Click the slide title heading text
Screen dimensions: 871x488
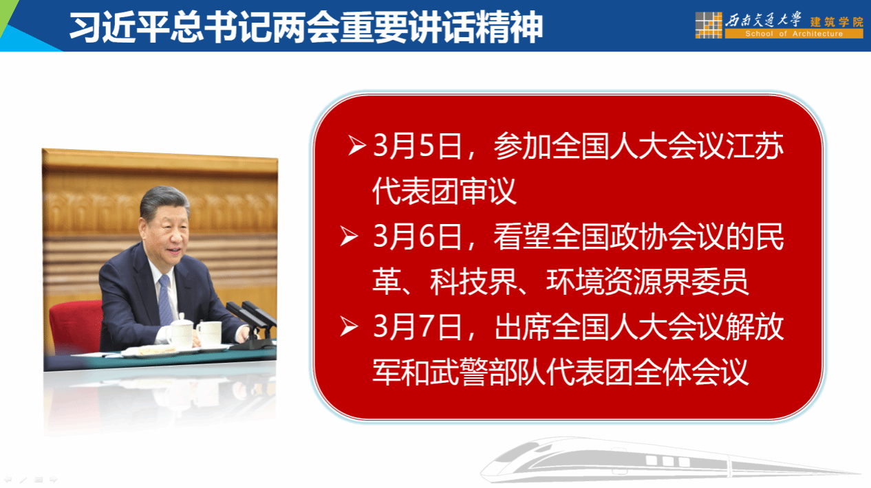306,27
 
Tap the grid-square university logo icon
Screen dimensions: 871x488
709,25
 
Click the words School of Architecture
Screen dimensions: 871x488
794,34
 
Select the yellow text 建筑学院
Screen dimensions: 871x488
837,22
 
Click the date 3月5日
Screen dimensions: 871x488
418,146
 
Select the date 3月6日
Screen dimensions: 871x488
418,236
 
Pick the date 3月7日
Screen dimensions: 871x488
418,326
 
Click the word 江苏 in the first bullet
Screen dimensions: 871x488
755,146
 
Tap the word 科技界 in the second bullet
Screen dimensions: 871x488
473,281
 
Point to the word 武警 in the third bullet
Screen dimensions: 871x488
459,372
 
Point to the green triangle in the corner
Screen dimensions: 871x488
6,14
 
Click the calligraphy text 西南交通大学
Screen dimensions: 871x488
763,20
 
